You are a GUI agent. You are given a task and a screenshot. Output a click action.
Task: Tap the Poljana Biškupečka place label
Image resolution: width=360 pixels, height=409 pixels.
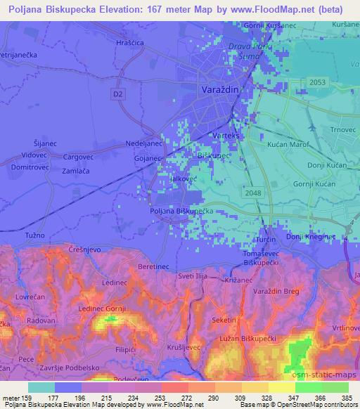[x=181, y=210]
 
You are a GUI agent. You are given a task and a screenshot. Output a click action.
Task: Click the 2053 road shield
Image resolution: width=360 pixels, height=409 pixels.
[x=316, y=82]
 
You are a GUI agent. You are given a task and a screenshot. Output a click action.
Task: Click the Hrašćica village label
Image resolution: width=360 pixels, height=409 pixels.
[x=129, y=42]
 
